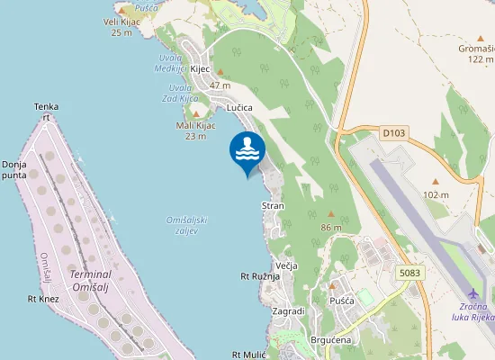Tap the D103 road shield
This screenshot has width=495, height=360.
tap(393, 133)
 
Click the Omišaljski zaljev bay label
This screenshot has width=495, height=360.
tap(188, 225)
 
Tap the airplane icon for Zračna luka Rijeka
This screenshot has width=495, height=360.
tap(474, 294)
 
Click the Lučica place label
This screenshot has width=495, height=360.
tap(239, 107)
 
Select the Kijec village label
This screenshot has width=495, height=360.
tap(200, 68)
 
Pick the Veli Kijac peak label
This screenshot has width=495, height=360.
tap(121, 22)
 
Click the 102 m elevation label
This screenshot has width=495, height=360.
tap(436, 194)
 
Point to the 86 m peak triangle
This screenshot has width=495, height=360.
tap(330, 214)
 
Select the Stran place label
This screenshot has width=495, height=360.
tap(273, 206)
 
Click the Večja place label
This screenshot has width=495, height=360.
tap(286, 266)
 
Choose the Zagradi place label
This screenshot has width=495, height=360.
tap(288, 310)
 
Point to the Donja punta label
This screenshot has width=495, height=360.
tap(14, 170)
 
